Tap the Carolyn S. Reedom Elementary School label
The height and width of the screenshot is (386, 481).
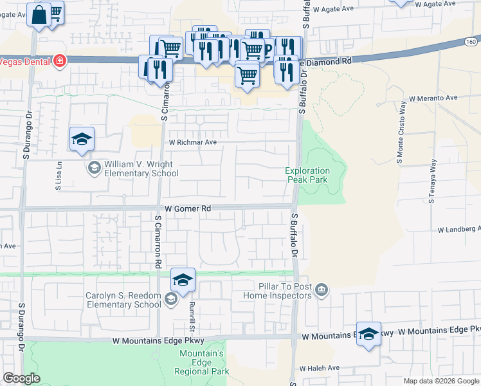pyautogui.click(x=123, y=300)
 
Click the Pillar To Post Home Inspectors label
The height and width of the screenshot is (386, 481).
pyautogui.click(x=277, y=291)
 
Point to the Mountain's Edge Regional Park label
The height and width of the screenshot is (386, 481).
pyautogui.click(x=203, y=363)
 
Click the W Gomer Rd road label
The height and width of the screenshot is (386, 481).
pyautogui.click(x=188, y=208)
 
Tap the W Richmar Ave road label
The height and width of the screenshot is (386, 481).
pyautogui.click(x=193, y=142)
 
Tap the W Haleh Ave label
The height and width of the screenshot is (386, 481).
pyautogui.click(x=319, y=368)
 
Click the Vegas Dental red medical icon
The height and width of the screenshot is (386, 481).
pyautogui.click(x=60, y=61)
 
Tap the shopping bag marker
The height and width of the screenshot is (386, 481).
pyautogui.click(x=39, y=14)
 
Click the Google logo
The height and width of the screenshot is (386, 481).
pyautogui.click(x=21, y=378)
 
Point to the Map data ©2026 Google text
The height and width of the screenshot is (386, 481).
pyautogui.click(x=441, y=381)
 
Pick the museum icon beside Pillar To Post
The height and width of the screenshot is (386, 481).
pyautogui.click(x=322, y=291)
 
